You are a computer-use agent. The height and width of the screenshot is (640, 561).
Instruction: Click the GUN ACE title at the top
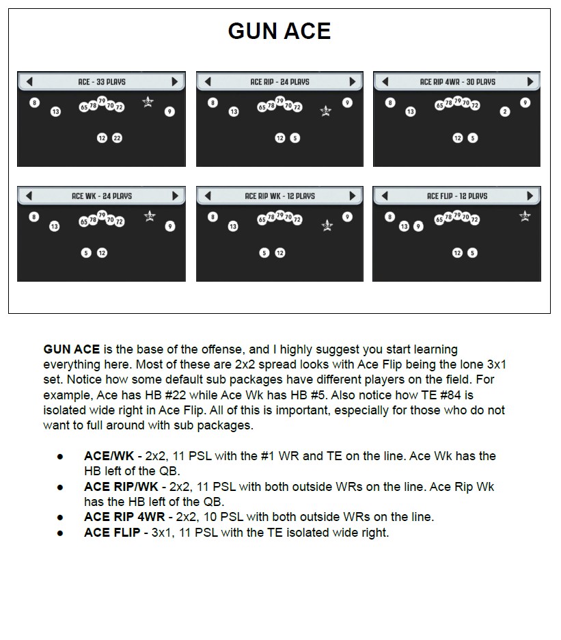279,31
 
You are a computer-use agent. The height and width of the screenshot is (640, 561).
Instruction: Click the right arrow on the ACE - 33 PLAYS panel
175,81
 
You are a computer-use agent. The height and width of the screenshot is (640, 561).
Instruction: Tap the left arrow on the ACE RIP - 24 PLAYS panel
208,81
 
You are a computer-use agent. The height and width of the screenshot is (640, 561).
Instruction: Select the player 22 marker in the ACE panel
117,138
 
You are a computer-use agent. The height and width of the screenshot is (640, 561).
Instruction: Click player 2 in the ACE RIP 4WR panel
505,111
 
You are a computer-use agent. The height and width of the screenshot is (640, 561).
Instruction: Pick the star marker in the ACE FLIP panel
525,216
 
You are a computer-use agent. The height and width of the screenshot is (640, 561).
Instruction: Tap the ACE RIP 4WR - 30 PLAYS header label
458,81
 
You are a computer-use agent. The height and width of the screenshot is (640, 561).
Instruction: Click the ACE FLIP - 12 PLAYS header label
457,196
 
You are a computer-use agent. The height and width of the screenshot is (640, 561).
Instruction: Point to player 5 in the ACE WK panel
86,253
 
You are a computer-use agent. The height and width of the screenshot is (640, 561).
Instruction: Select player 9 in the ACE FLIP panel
418,226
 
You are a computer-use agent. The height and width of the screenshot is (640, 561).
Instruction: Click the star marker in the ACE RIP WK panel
327,226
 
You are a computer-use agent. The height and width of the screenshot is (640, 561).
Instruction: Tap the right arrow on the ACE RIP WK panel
353,196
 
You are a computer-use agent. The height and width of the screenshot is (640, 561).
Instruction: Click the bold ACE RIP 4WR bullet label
124,517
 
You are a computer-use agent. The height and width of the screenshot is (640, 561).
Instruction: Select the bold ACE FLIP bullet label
112,532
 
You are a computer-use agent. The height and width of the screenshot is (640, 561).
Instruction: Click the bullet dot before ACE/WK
60,457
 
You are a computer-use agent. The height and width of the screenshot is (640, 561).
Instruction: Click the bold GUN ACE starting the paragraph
71,349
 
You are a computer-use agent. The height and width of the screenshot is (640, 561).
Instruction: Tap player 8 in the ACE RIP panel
213,103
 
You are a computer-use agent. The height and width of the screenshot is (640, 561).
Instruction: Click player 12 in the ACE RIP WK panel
280,253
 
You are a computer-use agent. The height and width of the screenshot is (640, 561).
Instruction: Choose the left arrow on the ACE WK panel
29,196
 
